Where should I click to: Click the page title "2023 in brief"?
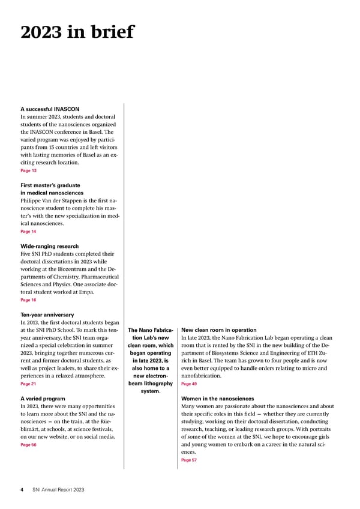pos(77,32)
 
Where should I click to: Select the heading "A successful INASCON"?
pos(50,109)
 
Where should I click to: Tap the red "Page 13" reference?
pos(28,171)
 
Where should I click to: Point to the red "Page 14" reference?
pos(28,231)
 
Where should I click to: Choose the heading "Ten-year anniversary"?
pos(47,315)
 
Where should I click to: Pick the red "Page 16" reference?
pos(28,300)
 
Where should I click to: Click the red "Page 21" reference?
pos(28,384)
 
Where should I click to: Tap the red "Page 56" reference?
pos(28,445)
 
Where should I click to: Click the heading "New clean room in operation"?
pos(218,330)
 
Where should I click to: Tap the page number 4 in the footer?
pos(22,490)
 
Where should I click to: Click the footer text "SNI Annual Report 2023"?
pos(58,490)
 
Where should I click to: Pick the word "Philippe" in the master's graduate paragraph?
pos(33,200)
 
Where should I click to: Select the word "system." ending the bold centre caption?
pos(151,391)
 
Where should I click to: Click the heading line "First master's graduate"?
pos(50,185)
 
